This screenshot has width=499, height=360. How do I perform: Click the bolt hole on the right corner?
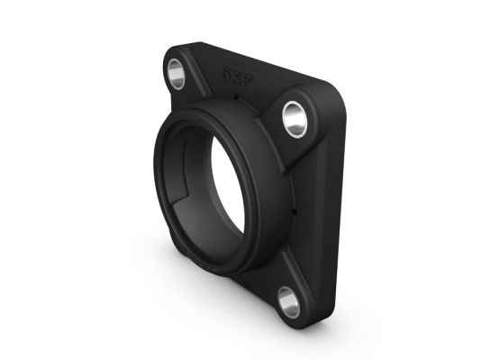pyautogui.click(x=295, y=116)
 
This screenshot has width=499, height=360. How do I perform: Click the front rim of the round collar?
pyautogui.click(x=163, y=144)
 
